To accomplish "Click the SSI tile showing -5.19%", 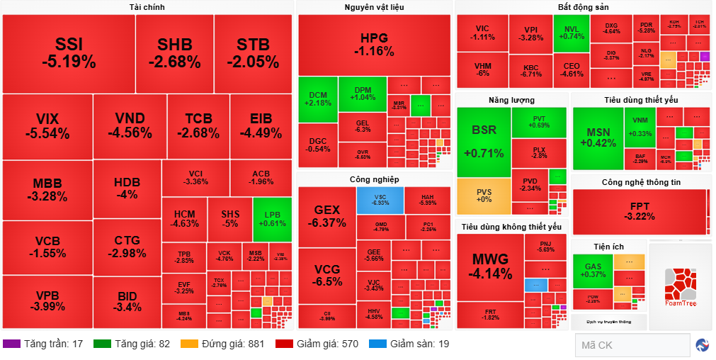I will pos(69,53).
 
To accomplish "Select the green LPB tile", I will pos(273,220).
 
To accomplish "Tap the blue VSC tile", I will pos(380,200).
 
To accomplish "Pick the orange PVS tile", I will pos(483,196).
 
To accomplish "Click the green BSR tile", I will pos(483,142).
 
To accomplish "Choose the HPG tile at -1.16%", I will pos(374,44).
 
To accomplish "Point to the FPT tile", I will pos(640,211).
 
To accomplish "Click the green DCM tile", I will pos(317,99).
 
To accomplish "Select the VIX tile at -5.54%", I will pos(47,126).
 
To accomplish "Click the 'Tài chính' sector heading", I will pos(147,7).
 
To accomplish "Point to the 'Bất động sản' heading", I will pos(583,7).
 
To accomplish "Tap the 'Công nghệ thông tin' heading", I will pos(641,182).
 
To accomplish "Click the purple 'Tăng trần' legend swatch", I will pos(12,344).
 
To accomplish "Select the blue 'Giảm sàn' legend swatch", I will pos(377,344).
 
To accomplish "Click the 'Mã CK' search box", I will pos(632,345).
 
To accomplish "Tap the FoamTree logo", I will pos(681,288).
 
